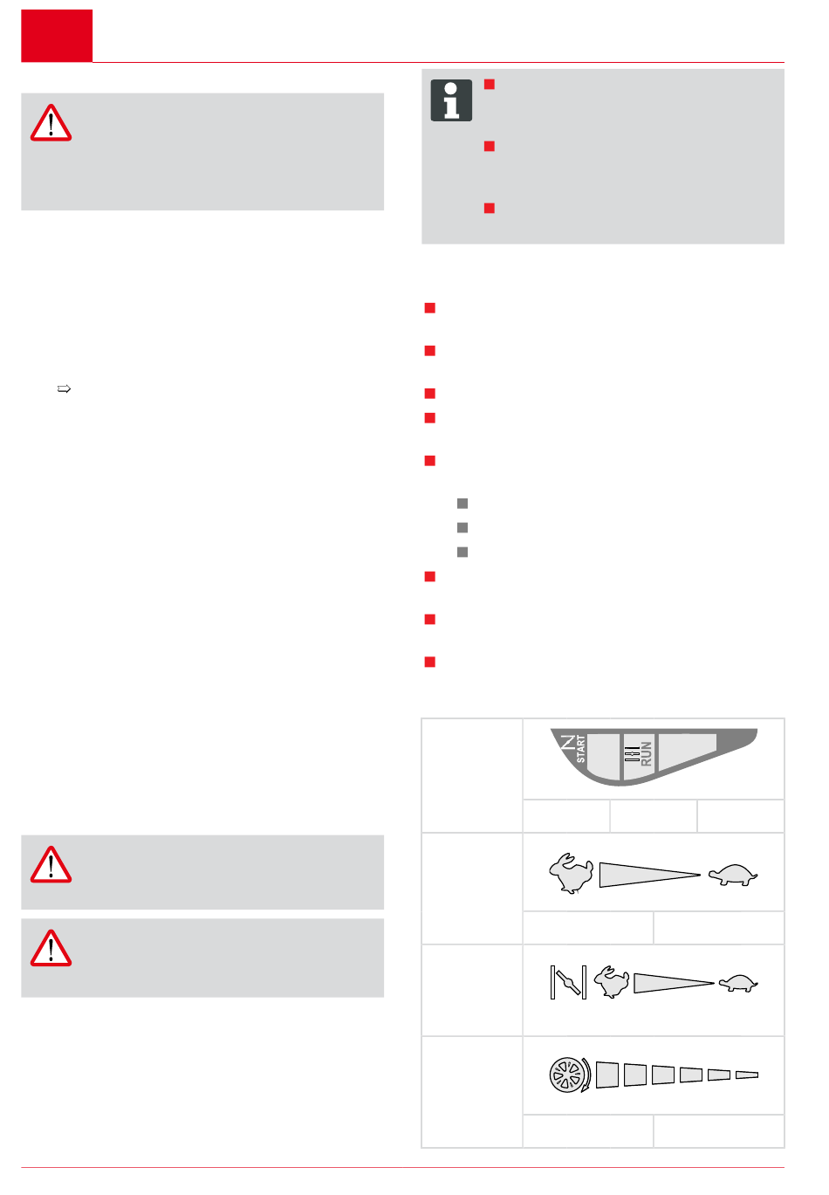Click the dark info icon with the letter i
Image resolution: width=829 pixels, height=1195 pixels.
(451, 100)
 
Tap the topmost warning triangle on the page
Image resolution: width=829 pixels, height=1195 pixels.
(51, 124)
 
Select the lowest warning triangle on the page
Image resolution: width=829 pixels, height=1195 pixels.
(51, 949)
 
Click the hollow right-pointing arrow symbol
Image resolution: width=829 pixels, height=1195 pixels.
(64, 389)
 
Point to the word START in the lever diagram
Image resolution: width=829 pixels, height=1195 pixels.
(581, 748)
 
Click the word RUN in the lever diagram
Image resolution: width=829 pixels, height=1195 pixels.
(646, 754)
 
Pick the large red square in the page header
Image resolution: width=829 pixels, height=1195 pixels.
(57, 36)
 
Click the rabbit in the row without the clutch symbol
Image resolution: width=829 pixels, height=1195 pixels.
(571, 873)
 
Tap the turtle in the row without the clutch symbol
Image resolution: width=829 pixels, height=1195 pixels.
(733, 875)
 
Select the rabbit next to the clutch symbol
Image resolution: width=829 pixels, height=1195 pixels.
(612, 982)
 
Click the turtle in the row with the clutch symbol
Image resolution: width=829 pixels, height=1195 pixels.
(738, 983)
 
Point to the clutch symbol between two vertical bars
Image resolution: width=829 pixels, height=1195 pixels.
(568, 982)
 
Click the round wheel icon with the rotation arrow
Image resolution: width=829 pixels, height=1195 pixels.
(570, 1075)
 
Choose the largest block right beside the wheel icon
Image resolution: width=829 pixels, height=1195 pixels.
(607, 1075)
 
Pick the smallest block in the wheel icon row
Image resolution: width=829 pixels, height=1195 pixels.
(747, 1075)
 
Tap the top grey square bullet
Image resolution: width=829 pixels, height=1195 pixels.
(462, 504)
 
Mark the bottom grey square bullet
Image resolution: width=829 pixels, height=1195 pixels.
(462, 553)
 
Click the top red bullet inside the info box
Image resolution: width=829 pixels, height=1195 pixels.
(490, 85)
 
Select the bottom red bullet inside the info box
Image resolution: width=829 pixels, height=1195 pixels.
(490, 208)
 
